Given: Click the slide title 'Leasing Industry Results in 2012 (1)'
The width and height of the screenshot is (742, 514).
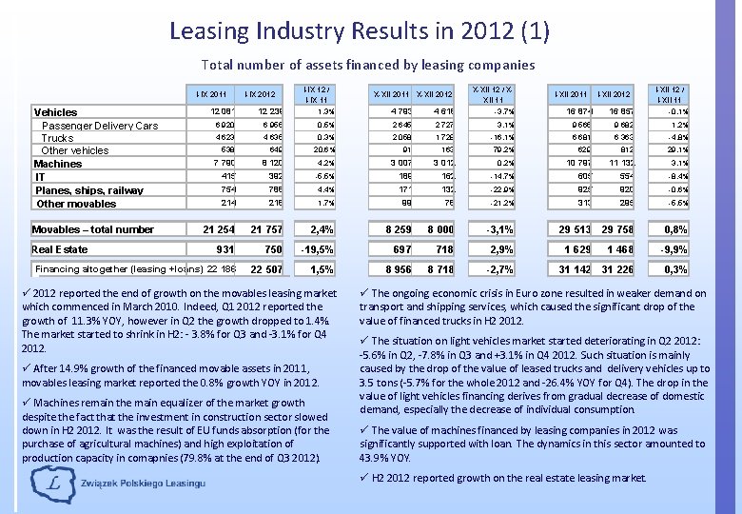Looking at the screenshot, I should coord(359,30).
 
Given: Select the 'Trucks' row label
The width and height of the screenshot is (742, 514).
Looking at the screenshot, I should coord(58,138).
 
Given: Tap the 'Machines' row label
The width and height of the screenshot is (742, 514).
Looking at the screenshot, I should coord(58,164).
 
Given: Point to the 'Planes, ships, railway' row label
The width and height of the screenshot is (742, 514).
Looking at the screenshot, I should coord(89,190).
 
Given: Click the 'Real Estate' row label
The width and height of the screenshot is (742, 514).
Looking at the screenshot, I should coord(60,248).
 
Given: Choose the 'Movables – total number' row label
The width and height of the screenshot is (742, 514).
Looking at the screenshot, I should coord(93,229).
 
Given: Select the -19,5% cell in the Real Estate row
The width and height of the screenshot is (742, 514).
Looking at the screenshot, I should coord(314,248).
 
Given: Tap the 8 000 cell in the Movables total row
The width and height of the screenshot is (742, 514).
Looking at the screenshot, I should coord(439,229).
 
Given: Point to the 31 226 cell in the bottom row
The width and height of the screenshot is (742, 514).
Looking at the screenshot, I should coord(620,269).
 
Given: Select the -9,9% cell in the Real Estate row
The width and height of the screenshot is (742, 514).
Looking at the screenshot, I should coord(674,248).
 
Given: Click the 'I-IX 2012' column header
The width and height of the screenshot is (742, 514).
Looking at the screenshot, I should coord(260,93).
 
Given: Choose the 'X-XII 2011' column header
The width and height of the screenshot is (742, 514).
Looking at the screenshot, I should coord(393,93).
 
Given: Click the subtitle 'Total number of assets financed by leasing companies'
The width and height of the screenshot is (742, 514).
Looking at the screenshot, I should coord(367,65).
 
